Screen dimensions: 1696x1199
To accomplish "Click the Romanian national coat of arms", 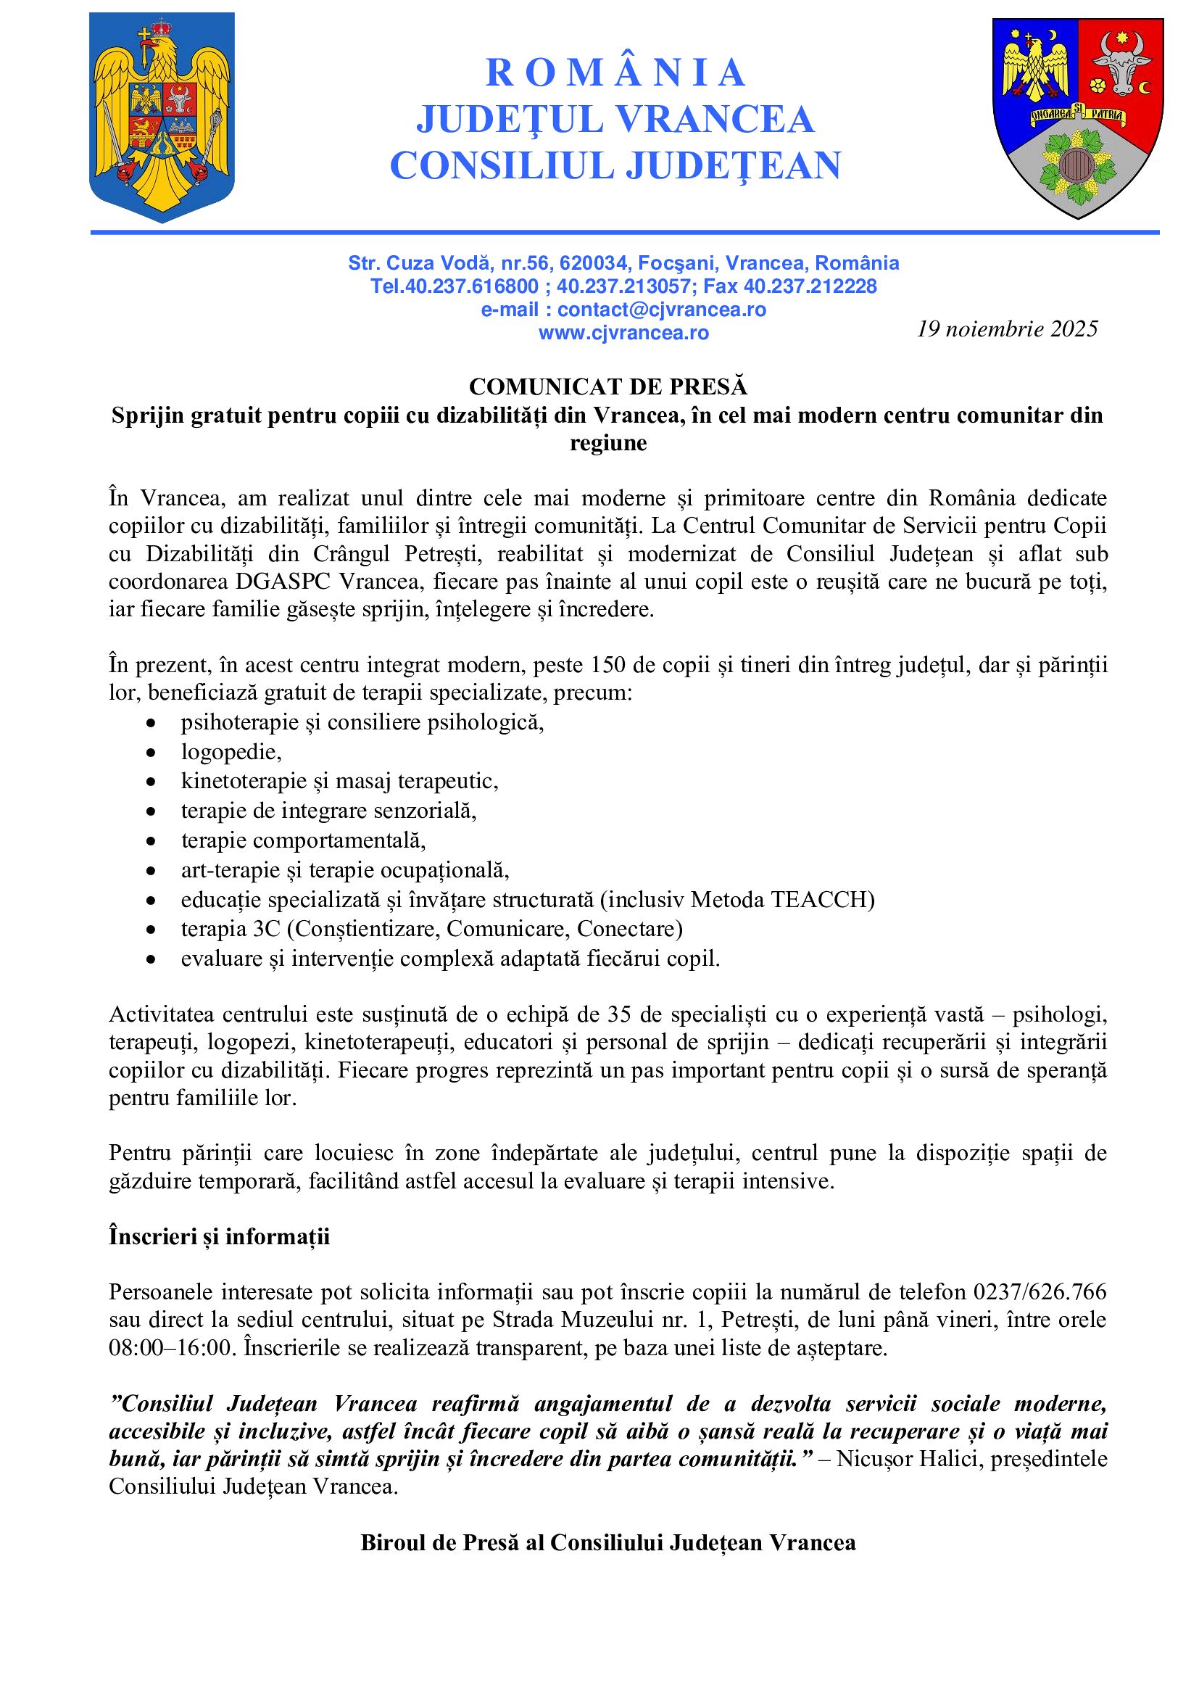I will click(162, 117).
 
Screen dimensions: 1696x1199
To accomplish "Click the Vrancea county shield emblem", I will click(1077, 117).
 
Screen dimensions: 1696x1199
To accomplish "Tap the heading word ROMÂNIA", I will click(615, 73).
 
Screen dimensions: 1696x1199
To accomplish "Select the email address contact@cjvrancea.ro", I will click(662, 310).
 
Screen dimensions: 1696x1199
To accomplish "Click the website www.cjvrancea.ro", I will click(623, 333).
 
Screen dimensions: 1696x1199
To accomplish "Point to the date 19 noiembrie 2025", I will click(1007, 328).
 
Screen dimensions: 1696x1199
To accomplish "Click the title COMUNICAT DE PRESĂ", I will click(608, 386).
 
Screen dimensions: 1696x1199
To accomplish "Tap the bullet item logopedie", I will click(231, 752).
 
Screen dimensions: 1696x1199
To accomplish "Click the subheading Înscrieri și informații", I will click(219, 1236).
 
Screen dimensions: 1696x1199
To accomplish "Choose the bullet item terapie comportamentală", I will click(303, 840).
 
